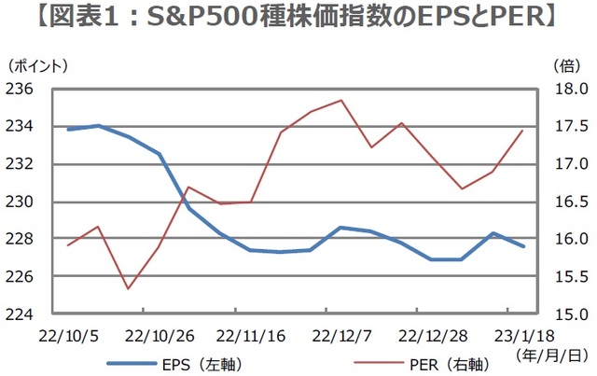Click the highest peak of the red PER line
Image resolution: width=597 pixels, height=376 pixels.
(341, 100)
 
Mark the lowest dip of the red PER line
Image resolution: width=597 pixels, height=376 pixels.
(128, 288)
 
